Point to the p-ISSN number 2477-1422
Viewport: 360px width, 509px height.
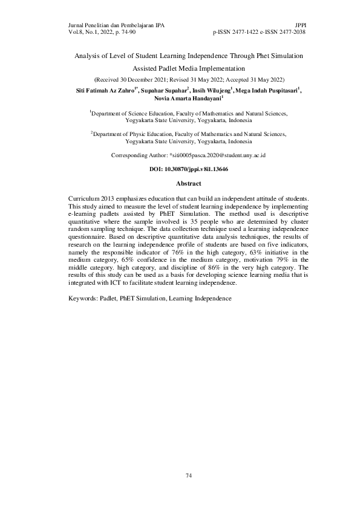click(242, 32)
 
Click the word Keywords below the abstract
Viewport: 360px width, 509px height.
click(83, 298)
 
